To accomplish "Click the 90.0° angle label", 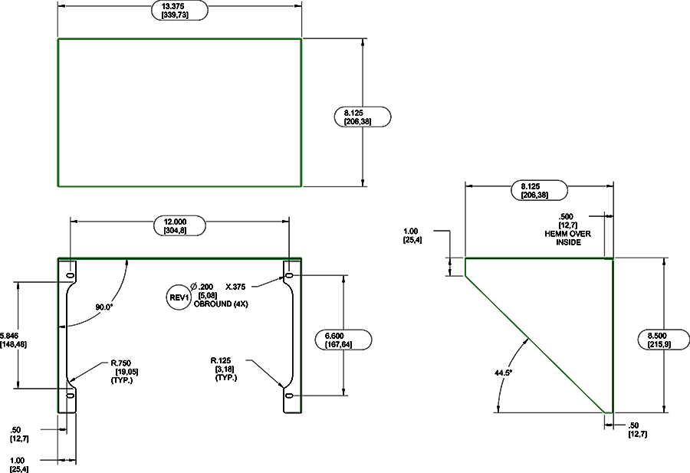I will (x=104, y=307).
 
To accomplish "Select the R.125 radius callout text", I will (x=227, y=360).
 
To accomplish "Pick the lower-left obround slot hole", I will (x=70, y=396).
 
